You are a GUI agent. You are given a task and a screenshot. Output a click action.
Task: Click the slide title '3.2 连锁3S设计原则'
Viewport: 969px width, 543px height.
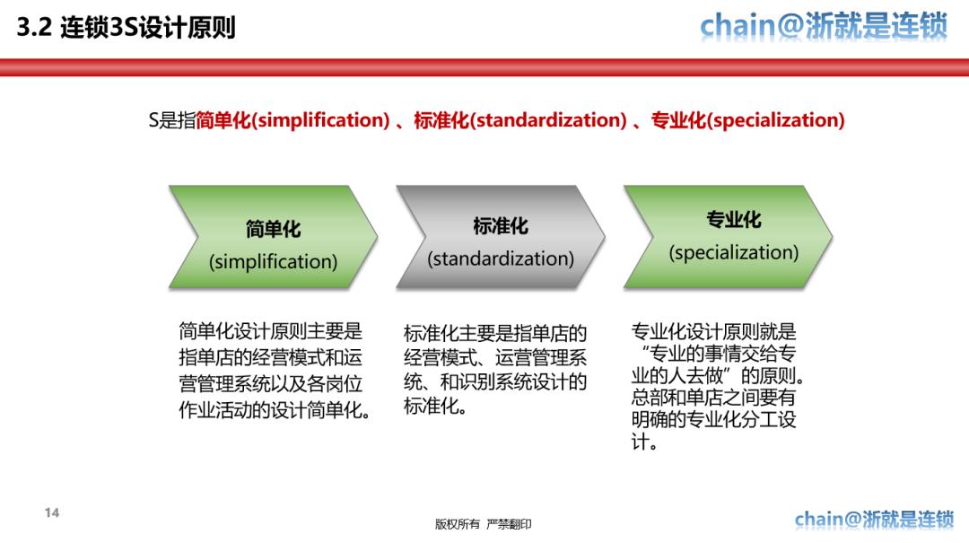127,28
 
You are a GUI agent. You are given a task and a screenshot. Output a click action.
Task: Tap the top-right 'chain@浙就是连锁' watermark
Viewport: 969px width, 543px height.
823,26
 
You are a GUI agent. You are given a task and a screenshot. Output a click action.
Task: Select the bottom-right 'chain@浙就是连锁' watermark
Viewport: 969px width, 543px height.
874,519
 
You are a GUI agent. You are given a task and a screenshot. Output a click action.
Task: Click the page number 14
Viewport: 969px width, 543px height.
51,513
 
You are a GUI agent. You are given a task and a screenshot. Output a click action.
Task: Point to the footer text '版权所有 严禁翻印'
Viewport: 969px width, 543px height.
483,524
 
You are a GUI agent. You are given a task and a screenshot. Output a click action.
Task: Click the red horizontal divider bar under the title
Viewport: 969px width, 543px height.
484,67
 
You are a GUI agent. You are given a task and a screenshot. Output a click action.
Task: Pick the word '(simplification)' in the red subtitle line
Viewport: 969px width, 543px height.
320,120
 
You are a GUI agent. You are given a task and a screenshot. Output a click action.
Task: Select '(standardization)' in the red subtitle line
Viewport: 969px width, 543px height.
548,120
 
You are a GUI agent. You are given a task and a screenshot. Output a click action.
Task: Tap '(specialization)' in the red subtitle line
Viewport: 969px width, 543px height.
776,120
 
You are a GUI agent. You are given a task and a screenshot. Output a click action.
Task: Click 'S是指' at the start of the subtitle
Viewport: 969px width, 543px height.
171,120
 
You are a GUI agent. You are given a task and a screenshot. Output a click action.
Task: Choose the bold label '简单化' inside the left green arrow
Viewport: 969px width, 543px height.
273,229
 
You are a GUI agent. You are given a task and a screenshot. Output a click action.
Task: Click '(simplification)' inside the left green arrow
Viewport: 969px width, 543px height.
273,262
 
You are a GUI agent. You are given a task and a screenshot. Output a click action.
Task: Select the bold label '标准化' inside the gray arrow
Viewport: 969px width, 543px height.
501,225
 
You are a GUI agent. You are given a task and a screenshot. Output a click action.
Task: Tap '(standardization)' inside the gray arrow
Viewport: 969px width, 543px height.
501,258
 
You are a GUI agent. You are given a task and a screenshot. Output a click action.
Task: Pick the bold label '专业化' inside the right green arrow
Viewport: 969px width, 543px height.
733,220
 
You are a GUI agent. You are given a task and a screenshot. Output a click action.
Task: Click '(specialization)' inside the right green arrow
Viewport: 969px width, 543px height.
733,252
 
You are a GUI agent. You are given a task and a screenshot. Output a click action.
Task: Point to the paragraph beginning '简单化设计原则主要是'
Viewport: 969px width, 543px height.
274,371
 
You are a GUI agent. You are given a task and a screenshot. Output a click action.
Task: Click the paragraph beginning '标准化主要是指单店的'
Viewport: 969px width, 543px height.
495,371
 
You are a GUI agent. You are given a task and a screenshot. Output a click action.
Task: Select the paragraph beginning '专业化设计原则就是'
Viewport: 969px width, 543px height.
715,387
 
